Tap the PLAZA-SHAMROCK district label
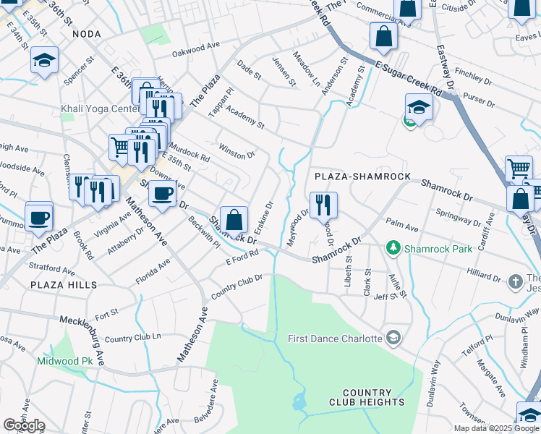362,176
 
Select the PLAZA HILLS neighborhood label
64,286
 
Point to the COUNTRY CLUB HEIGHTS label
367,397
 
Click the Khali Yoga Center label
99,109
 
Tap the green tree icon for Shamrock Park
393,249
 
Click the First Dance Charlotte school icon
393,338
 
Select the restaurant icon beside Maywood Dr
323,205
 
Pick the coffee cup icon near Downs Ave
162,194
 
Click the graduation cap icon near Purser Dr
419,107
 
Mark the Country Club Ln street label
132,339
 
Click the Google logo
24,425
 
